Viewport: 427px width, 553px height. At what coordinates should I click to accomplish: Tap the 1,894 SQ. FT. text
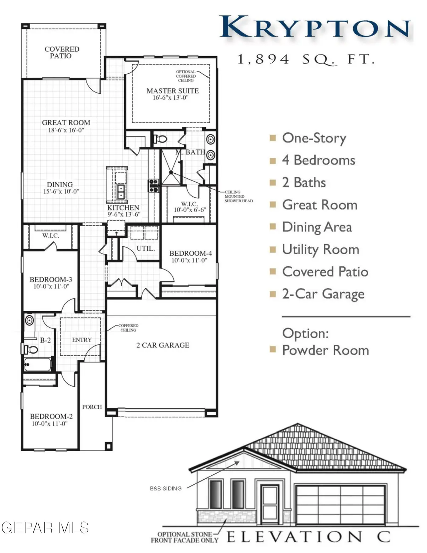pos(306,59)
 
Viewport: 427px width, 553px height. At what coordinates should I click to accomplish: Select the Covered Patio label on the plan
pos(62,52)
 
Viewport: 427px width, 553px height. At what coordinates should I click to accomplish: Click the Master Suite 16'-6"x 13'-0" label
pos(173,94)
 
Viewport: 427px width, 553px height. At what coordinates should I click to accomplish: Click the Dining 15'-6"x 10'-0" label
pos(59,188)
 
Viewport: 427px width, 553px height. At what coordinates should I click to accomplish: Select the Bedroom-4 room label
pos(190,256)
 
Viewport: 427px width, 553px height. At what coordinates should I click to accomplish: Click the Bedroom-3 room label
pos(51,283)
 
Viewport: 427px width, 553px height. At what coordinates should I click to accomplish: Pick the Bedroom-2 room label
pos(51,419)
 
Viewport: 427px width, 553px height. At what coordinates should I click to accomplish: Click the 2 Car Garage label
pos(163,345)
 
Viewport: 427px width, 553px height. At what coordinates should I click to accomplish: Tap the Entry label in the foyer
pos(82,340)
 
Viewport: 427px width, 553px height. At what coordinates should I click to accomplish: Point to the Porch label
pos(92,407)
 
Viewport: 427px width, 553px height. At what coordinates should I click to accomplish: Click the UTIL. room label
pos(146,249)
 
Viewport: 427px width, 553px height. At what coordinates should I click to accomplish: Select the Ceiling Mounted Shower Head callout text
pos(238,197)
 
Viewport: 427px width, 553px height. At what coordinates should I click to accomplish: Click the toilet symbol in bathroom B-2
pos(32,350)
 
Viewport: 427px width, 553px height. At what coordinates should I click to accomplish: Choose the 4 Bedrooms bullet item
pos(318,160)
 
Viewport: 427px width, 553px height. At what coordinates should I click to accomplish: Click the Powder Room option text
pos(325,350)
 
